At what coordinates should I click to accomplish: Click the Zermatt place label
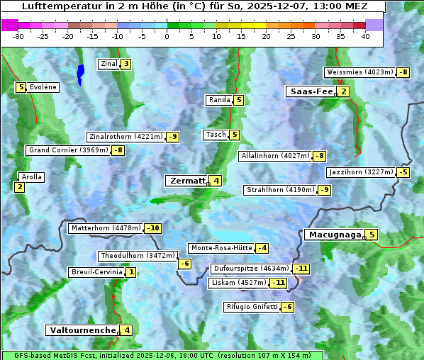(x=186, y=181)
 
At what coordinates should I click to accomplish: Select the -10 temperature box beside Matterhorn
(x=152, y=228)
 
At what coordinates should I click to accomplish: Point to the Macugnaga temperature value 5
(x=372, y=235)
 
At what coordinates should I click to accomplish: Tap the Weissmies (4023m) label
(x=359, y=72)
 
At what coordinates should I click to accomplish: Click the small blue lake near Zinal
(x=80, y=72)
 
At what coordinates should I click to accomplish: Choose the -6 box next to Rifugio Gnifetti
(x=287, y=307)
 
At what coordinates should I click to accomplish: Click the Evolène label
(x=43, y=87)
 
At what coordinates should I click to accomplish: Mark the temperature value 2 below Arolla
(x=19, y=187)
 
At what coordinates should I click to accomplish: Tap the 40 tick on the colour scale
(x=365, y=36)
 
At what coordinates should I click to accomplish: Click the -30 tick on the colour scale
(x=18, y=36)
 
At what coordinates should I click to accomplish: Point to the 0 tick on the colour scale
(x=167, y=36)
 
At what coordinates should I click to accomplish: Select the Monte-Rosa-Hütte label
(x=221, y=248)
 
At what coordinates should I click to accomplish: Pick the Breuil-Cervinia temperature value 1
(x=131, y=272)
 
